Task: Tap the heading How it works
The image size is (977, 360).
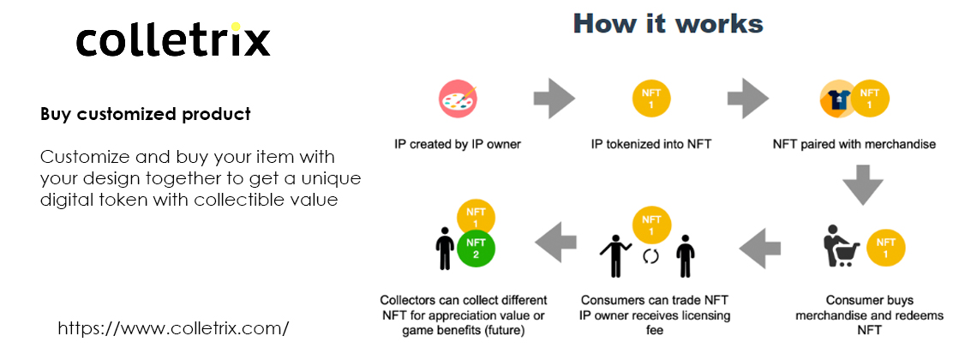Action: [668, 24]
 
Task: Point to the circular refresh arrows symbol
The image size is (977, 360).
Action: [650, 256]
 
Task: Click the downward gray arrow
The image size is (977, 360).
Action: [863, 183]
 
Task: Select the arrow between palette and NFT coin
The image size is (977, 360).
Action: [554, 99]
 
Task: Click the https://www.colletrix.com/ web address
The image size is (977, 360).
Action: [173, 328]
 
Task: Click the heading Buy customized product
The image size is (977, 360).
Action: [146, 114]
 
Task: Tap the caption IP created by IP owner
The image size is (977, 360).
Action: [458, 145]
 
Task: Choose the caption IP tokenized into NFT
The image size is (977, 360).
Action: [651, 145]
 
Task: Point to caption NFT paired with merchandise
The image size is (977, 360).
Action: [854, 145]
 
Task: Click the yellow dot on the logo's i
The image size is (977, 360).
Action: [236, 27]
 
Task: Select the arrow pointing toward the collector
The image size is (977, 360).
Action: [556, 243]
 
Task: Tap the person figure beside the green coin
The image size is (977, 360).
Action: [444, 248]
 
